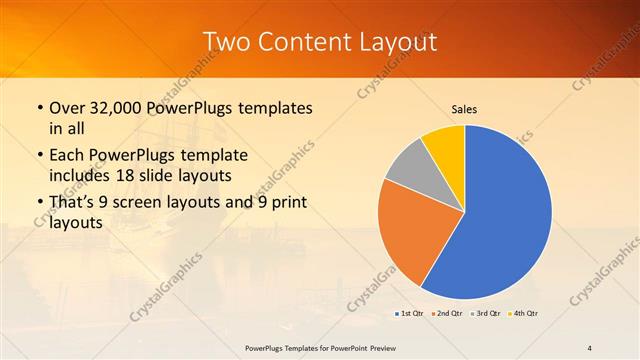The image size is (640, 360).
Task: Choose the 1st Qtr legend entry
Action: [x=410, y=314]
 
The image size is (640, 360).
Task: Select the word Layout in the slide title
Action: [x=395, y=42]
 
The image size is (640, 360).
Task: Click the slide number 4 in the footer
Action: [x=590, y=347]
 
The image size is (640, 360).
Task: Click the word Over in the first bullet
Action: [x=67, y=108]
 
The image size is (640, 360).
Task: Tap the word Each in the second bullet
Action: [x=68, y=157]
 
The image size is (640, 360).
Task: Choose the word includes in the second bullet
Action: [x=82, y=175]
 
